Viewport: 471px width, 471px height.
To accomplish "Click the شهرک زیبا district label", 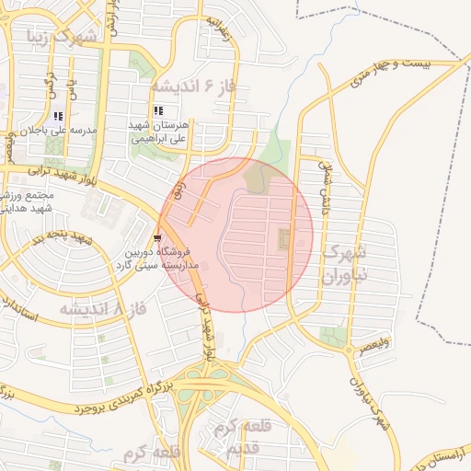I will (63, 38).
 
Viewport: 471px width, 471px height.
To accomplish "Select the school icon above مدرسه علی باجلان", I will (59, 116).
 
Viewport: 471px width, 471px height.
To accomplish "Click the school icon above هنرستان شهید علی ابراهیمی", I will (158, 110).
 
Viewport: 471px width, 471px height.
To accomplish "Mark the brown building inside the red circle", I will (282, 240).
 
